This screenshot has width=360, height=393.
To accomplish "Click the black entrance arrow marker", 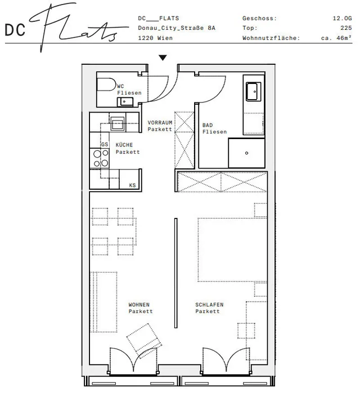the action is point(163,58).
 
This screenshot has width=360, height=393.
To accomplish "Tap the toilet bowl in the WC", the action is point(106,84).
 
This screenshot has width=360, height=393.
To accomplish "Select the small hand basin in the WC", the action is point(125,102).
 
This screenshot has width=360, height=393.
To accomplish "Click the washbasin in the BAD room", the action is point(254,91).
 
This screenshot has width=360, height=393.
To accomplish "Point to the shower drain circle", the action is point(246,153).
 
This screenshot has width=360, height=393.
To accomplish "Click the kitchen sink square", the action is point(118,123).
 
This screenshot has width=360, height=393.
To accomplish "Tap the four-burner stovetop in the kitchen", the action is point(101,158).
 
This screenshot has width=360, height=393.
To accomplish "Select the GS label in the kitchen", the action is point(105,144).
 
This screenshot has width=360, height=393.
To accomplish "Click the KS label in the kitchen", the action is point(132,185).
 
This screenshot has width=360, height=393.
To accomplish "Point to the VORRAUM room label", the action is point(160,123).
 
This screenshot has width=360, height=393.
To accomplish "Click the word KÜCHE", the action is point(124,145).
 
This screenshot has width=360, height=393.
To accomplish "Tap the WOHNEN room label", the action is point(139,305).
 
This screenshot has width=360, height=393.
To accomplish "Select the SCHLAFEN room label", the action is point(209,305).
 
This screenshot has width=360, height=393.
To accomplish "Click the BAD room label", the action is point(208,125).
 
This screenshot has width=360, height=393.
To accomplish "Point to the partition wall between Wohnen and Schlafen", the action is point(175,273).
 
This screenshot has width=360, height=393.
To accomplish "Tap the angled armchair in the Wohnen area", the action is point(144,338).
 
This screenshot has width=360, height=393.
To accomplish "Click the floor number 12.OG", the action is point(342,18).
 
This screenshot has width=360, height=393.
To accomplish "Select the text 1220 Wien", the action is point(155,38).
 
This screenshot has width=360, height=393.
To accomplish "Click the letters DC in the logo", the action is point(15,30).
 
